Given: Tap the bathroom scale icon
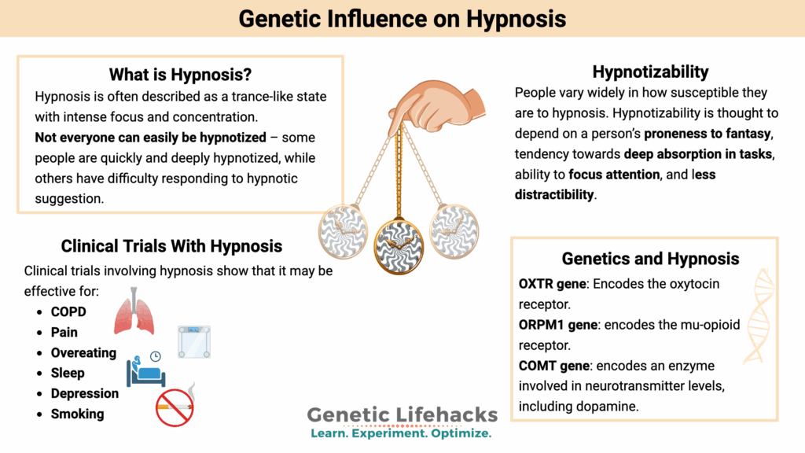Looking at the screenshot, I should (193, 341).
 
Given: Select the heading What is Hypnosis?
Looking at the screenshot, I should (180, 75).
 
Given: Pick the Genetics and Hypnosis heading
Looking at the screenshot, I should (650, 259).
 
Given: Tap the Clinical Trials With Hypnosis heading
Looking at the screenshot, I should (171, 246).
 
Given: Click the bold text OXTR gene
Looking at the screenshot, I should (553, 283).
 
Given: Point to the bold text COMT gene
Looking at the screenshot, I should (556, 366).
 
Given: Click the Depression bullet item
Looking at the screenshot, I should (85, 393).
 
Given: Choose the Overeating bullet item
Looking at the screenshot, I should (83, 353).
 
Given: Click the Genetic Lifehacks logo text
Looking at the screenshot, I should (402, 414).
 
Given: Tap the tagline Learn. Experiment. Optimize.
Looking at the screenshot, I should (401, 433).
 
